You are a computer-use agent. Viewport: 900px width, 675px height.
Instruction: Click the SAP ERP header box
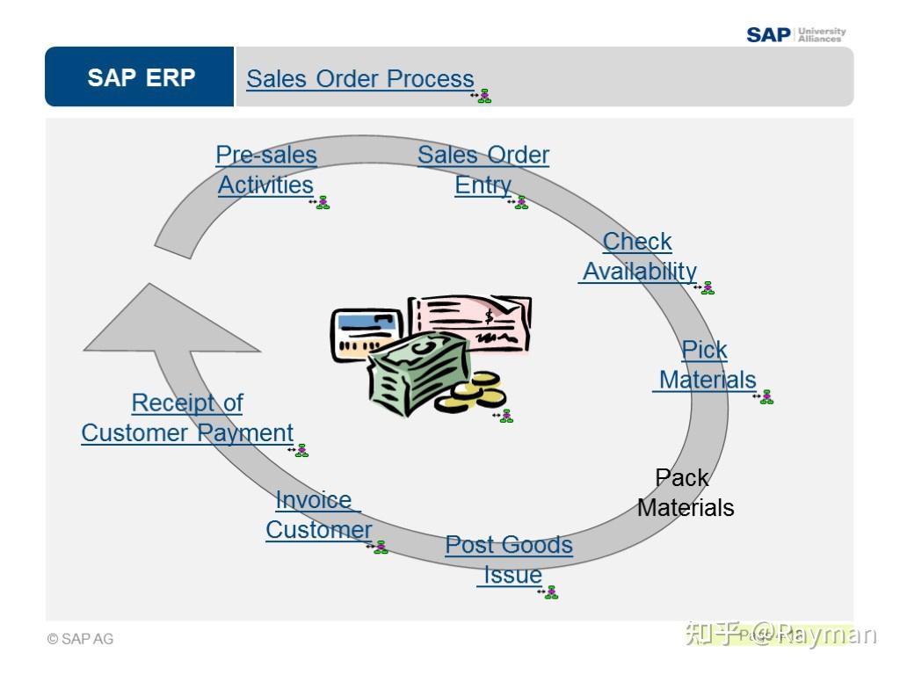click(x=141, y=77)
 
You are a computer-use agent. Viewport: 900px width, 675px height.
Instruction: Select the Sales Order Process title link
click(x=359, y=79)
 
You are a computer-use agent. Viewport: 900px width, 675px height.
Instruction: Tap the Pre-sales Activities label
click(x=265, y=171)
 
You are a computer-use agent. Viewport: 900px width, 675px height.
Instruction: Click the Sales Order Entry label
click(x=483, y=171)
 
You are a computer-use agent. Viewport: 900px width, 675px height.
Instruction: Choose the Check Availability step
click(x=639, y=257)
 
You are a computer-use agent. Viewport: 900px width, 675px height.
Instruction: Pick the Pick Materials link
click(x=706, y=365)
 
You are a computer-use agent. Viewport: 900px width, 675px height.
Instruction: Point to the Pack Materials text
click(x=685, y=492)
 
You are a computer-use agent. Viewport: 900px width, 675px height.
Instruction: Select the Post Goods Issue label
click(x=509, y=560)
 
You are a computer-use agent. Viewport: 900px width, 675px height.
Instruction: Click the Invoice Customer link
click(x=318, y=515)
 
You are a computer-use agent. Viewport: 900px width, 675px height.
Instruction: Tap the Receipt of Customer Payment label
click(x=187, y=417)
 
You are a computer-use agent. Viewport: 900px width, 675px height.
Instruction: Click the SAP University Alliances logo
click(x=795, y=34)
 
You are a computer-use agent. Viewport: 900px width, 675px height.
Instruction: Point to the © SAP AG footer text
click(x=81, y=639)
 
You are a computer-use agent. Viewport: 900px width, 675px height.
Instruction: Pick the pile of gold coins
click(x=470, y=394)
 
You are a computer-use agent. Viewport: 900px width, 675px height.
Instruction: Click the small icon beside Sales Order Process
click(x=481, y=96)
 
